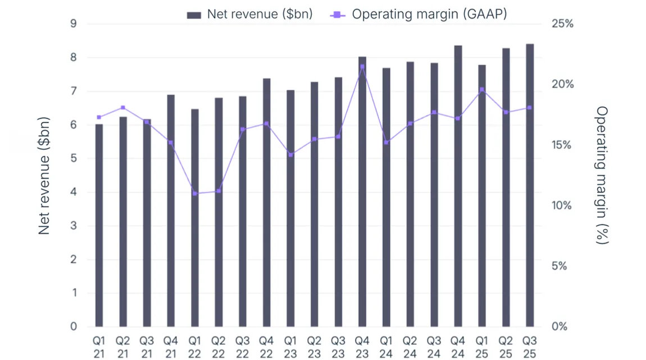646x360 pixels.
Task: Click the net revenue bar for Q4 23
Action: (x=362, y=192)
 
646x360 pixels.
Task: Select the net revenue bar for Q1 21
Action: (x=99, y=225)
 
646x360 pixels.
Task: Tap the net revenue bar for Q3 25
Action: (x=530, y=185)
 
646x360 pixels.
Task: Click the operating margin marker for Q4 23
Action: (x=362, y=67)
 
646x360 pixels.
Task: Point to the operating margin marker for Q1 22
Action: (x=195, y=194)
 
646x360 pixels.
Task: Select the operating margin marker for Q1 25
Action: (x=482, y=90)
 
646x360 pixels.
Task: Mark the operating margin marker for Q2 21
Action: (x=123, y=108)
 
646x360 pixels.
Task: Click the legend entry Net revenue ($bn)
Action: (x=250, y=15)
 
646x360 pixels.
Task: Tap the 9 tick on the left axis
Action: (x=73, y=24)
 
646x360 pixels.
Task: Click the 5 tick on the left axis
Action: (x=73, y=159)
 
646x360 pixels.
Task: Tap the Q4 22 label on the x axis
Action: (x=266, y=347)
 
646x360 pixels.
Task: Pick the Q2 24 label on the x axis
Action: (x=410, y=347)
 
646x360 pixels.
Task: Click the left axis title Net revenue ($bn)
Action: (x=45, y=175)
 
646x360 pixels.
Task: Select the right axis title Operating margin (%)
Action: (x=602, y=175)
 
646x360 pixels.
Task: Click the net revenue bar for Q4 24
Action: (x=458, y=186)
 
